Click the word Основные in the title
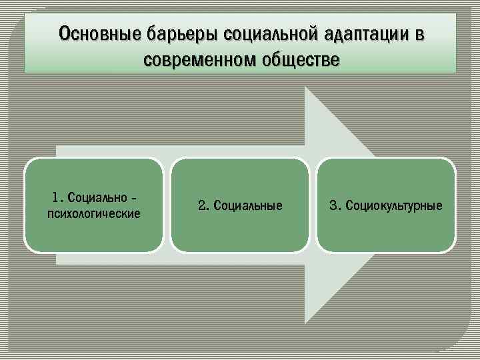click(x=94, y=33)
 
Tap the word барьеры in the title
click(x=178, y=33)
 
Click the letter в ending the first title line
click(x=419, y=33)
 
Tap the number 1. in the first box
click(x=57, y=197)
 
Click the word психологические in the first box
click(x=93, y=213)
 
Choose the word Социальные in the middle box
click(x=247, y=205)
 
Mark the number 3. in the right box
click(x=335, y=205)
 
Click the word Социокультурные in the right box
click(x=393, y=205)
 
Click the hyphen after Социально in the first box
click(x=135, y=198)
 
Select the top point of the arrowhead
click(x=305, y=87)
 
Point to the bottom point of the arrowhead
click(x=305, y=323)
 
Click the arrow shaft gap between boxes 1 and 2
click(x=167, y=205)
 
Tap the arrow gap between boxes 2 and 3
click(x=313, y=205)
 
